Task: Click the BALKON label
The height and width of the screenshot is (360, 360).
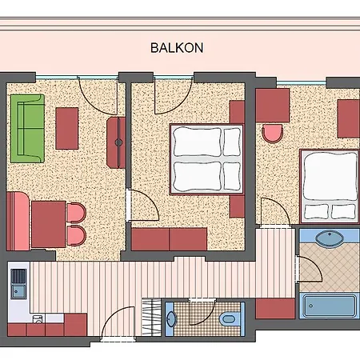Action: click(177, 48)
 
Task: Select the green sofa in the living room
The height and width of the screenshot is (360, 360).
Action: click(27, 128)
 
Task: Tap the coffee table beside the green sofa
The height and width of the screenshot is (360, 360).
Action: click(67, 128)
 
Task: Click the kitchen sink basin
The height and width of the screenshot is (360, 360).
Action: click(18, 291)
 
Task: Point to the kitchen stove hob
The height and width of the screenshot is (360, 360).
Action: click(18, 276)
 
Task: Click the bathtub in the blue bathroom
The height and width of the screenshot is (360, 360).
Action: click(330, 306)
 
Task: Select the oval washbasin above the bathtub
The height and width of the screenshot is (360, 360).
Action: click(330, 238)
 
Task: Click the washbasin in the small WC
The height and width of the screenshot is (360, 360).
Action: click(171, 318)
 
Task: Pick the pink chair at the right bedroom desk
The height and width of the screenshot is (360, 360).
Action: click(272, 133)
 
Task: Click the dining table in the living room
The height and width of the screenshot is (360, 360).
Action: click(49, 224)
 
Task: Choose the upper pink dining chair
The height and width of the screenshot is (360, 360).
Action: click(76, 213)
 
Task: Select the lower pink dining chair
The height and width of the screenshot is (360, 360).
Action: click(76, 235)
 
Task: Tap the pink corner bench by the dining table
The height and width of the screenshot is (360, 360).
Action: click(18, 222)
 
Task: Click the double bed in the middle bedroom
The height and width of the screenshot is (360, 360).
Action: click(206, 158)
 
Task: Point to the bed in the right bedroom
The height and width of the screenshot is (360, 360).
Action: click(330, 186)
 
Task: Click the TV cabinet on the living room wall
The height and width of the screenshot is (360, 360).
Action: click(116, 142)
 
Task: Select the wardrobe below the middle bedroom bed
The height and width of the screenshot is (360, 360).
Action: click(169, 239)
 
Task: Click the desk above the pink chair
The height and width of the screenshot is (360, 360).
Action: click(273, 106)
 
